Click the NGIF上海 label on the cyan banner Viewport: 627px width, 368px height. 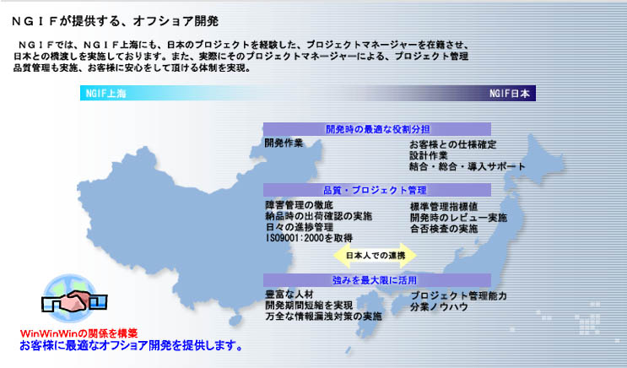click(x=106, y=94)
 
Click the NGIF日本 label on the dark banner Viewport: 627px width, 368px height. click(x=510, y=94)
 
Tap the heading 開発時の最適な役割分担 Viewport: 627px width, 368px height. click(x=377, y=129)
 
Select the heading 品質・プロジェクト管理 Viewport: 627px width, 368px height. click(x=375, y=190)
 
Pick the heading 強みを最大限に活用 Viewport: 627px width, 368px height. click(x=375, y=280)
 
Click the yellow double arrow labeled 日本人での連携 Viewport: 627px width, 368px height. click(x=375, y=255)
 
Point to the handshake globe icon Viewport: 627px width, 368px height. click(x=74, y=299)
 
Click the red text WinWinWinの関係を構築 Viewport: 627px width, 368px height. click(x=78, y=333)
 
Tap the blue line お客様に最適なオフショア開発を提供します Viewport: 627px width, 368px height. click(x=131, y=345)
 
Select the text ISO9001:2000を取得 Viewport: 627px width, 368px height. click(x=309, y=238)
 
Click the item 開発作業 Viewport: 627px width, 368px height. click(x=284, y=143)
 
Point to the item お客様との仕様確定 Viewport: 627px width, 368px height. click(x=452, y=144)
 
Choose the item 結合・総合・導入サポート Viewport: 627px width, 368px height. click(x=467, y=167)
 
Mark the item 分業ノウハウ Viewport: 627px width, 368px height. click(x=439, y=307)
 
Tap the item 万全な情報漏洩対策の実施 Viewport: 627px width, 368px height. click(x=323, y=317)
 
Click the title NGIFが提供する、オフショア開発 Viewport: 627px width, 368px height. click(x=115, y=21)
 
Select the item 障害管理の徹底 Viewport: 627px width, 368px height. click(x=299, y=205)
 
